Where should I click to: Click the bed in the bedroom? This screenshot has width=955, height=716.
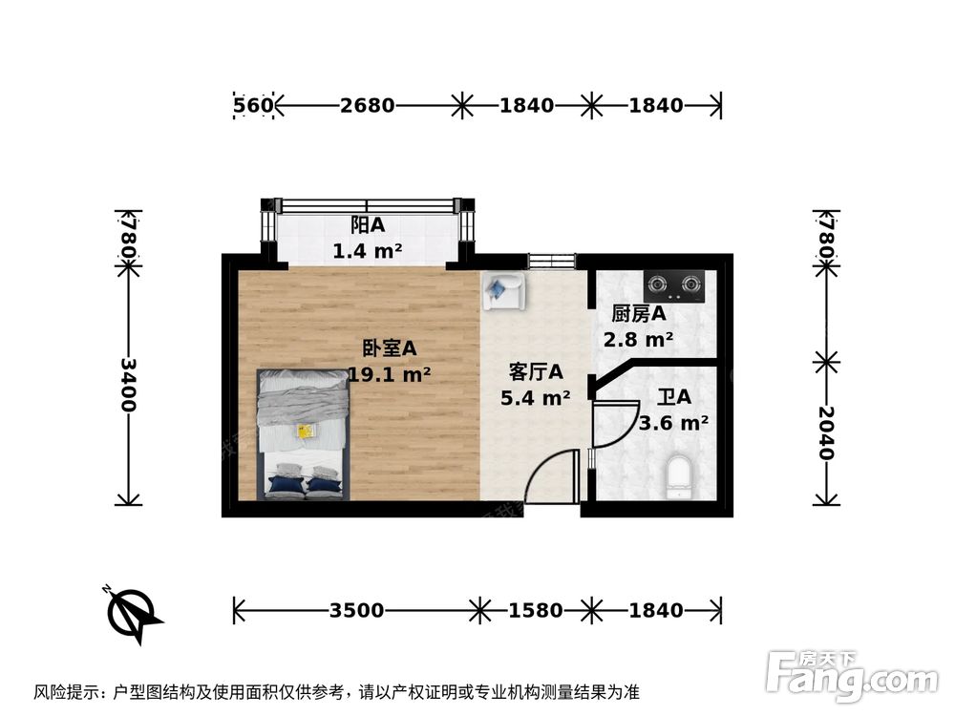pyautogui.click(x=304, y=435)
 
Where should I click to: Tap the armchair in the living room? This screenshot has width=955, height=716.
pyautogui.click(x=501, y=291)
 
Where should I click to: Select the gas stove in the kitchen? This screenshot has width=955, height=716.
pyautogui.click(x=673, y=283)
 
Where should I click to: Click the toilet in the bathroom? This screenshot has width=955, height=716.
pyautogui.click(x=679, y=477)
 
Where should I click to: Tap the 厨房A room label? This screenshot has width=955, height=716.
pyautogui.click(x=638, y=313)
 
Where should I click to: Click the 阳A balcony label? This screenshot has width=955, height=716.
pyautogui.click(x=367, y=225)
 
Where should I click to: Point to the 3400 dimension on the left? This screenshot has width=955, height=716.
pyautogui.click(x=128, y=385)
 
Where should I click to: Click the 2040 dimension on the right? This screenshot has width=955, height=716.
pyautogui.click(x=827, y=432)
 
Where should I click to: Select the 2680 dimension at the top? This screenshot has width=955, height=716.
pyautogui.click(x=367, y=105)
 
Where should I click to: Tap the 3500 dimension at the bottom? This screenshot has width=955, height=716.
pyautogui.click(x=356, y=610)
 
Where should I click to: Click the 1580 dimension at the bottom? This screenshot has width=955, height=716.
pyautogui.click(x=536, y=610)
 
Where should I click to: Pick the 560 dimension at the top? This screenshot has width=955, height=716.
pyautogui.click(x=254, y=105)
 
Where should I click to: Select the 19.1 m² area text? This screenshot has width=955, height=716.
pyautogui.click(x=389, y=374)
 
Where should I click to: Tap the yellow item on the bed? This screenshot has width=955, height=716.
pyautogui.click(x=306, y=432)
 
